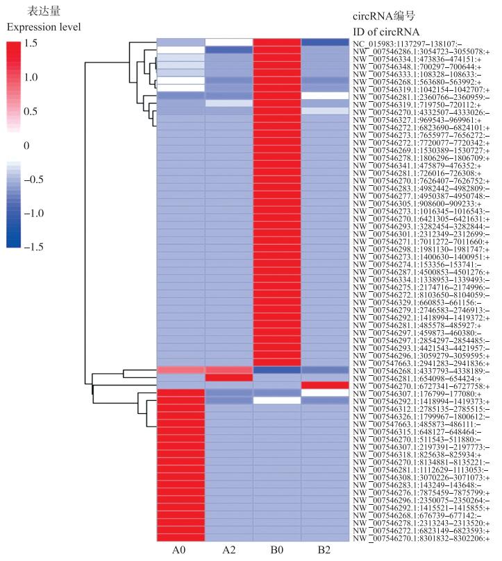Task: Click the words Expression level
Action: tap(44, 27)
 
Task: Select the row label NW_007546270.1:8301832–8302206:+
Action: tap(420, 538)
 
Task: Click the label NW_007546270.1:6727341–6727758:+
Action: tap(420, 386)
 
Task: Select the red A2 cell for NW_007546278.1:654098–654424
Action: tap(228, 378)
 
